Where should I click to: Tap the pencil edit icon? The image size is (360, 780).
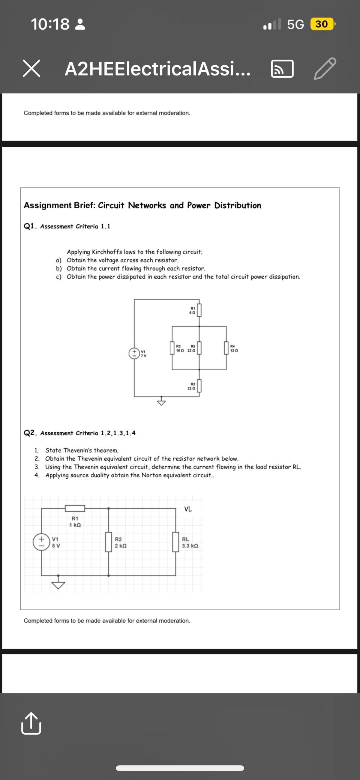click(325, 69)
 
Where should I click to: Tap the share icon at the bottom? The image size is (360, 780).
click(31, 723)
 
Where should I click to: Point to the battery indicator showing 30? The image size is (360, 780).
click(322, 24)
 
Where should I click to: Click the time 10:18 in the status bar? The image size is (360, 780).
click(50, 24)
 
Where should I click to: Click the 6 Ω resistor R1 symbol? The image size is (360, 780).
click(199, 310)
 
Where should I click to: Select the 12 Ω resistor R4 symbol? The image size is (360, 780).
click(226, 348)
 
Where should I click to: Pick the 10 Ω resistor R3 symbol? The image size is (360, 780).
click(172, 348)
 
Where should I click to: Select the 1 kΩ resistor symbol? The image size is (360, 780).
click(75, 508)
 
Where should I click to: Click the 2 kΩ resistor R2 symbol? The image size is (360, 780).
click(108, 542)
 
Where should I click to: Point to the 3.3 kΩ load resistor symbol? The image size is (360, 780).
click(175, 542)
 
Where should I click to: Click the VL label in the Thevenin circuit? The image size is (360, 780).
click(188, 509)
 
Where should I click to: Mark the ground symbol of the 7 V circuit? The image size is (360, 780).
click(161, 402)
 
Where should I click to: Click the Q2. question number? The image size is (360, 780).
click(30, 433)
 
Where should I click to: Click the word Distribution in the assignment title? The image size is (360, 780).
click(238, 205)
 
